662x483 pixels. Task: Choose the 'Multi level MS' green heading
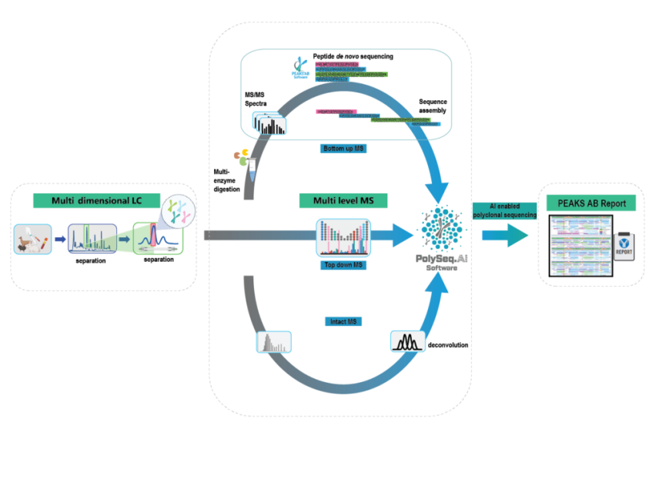(x=343, y=201)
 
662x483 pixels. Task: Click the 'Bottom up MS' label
(x=343, y=148)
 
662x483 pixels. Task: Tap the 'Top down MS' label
(x=343, y=264)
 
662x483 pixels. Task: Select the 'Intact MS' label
(x=343, y=321)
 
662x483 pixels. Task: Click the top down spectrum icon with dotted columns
(x=343, y=237)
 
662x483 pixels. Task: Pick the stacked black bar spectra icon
(x=269, y=123)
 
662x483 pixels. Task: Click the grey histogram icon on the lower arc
(x=274, y=342)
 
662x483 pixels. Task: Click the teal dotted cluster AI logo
(x=440, y=231)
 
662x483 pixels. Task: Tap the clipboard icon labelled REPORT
(x=624, y=246)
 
